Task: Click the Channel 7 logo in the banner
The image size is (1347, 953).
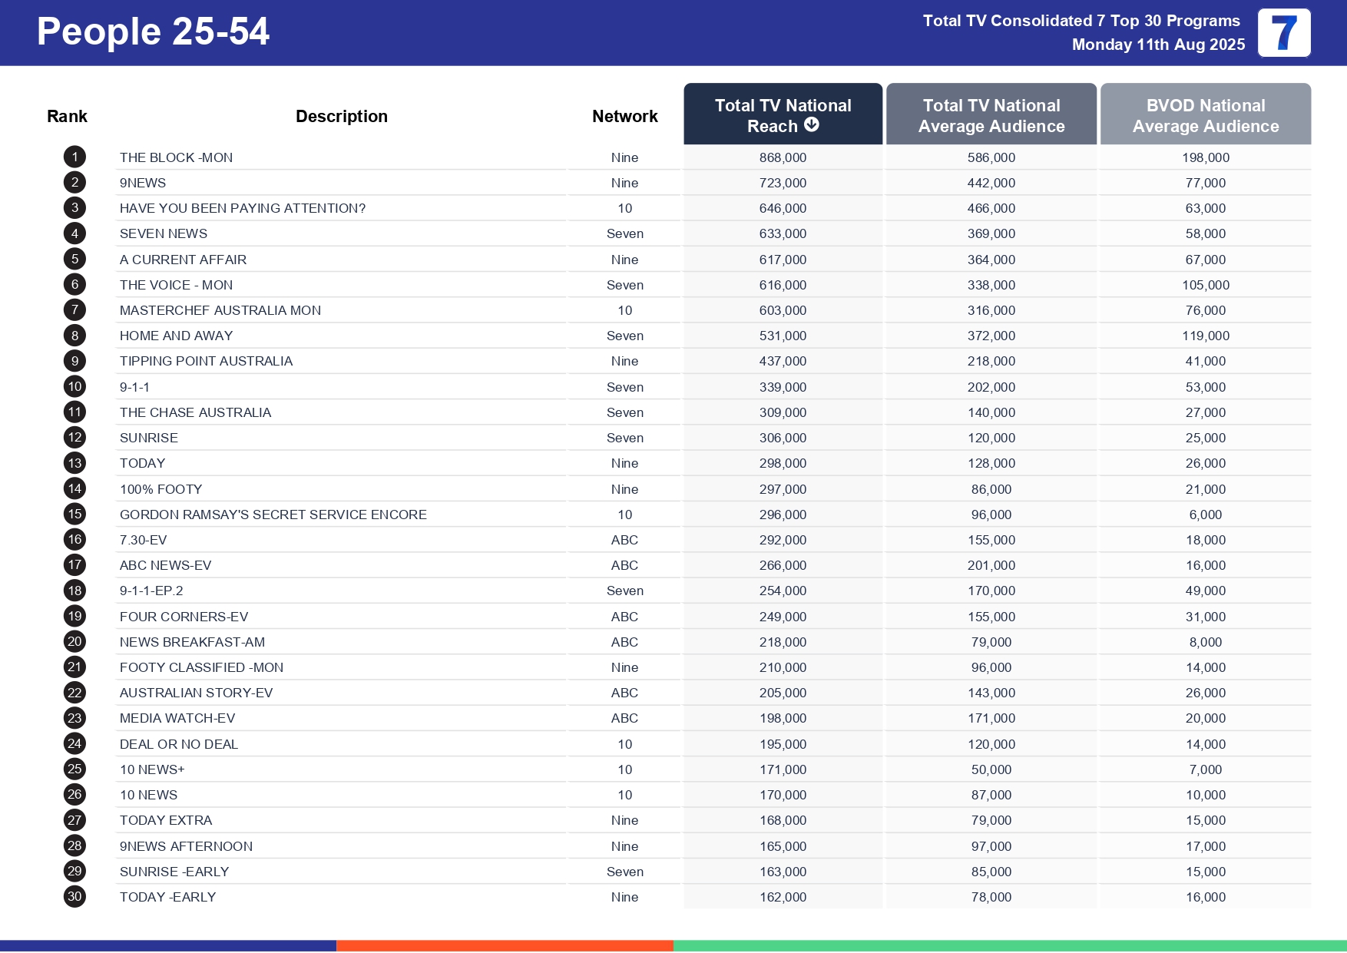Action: pyautogui.click(x=1283, y=33)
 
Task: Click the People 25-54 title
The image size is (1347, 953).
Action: pyautogui.click(x=153, y=32)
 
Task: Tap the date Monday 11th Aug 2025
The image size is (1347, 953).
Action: pyautogui.click(x=1157, y=45)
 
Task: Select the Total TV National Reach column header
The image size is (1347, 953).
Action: pyautogui.click(x=783, y=115)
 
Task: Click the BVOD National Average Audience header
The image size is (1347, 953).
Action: pyautogui.click(x=1205, y=115)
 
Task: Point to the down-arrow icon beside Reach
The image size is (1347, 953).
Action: pyautogui.click(x=812, y=125)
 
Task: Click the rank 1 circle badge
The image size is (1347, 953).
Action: pyautogui.click(x=74, y=157)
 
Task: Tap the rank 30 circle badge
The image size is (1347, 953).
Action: pyautogui.click(x=74, y=897)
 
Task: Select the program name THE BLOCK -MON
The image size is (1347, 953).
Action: pyautogui.click(x=176, y=157)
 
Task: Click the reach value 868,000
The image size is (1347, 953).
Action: pyautogui.click(x=783, y=157)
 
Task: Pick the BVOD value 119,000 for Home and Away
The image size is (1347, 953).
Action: pyautogui.click(x=1205, y=336)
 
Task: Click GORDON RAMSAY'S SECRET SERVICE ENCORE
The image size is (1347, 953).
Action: pyautogui.click(x=273, y=515)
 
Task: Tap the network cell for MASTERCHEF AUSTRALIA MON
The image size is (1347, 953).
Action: pyautogui.click(x=624, y=310)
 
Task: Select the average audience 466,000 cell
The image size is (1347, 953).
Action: pyautogui.click(x=991, y=208)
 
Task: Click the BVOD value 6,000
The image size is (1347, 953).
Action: pyautogui.click(x=1205, y=515)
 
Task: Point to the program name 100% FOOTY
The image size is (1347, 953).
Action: pyautogui.click(x=161, y=489)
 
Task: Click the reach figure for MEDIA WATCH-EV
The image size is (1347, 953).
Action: pyautogui.click(x=783, y=718)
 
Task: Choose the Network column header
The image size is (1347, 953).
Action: pyautogui.click(x=624, y=116)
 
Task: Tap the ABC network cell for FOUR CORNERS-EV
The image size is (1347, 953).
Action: pyautogui.click(x=624, y=617)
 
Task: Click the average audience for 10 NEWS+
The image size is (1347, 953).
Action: pyautogui.click(x=991, y=769)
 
